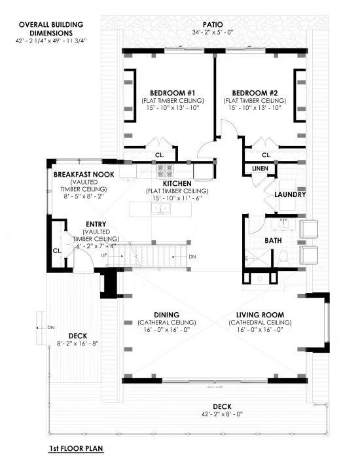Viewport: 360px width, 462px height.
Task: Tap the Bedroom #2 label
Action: (255, 93)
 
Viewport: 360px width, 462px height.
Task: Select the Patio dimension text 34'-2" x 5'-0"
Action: (213, 32)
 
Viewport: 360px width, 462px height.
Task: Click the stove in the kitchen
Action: (165, 171)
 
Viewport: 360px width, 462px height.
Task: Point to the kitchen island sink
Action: (160, 209)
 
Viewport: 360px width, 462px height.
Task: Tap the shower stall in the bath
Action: (257, 258)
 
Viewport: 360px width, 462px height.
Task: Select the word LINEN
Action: (260, 169)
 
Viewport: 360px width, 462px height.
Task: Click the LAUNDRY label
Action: (290, 195)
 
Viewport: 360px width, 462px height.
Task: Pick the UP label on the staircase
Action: (104, 255)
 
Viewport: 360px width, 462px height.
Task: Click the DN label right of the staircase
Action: (192, 257)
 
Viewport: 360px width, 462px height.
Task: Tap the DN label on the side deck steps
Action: (51, 327)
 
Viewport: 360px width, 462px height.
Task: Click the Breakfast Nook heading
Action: (84, 175)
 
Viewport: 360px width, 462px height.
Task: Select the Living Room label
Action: (260, 315)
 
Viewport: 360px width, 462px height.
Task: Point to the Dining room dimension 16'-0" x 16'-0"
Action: (167, 330)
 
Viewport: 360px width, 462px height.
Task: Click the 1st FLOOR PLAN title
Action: (76, 449)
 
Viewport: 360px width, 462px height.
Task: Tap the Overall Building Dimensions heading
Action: (51, 29)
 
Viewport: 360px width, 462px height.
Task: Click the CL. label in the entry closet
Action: (58, 251)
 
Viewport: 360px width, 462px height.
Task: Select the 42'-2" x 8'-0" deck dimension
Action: (222, 414)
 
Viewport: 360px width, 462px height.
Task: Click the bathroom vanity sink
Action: (284, 224)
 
